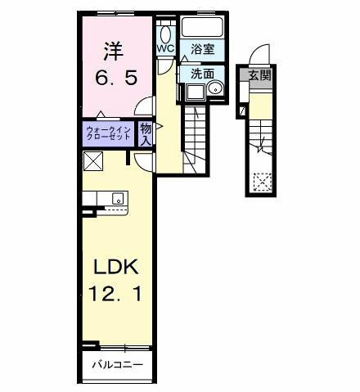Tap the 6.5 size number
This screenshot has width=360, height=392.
[x=116, y=79]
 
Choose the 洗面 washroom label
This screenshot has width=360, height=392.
[x=203, y=73]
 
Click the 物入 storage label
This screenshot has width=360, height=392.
[x=145, y=132]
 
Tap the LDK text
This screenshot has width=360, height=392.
[x=115, y=267]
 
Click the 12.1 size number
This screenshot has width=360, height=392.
[x=115, y=293]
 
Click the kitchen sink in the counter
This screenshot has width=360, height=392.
[x=117, y=197]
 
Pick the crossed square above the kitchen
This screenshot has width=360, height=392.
[x=91, y=160]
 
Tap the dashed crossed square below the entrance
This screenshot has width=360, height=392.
[x=263, y=180]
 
